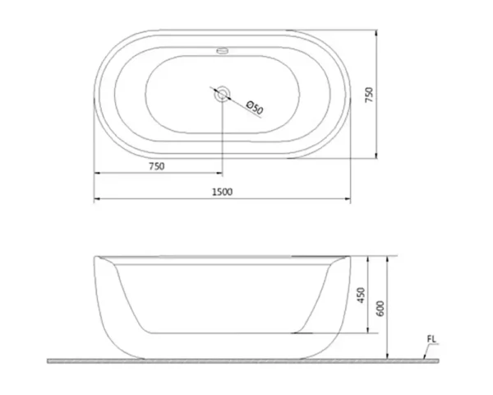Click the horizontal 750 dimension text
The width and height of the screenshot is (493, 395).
[156, 166]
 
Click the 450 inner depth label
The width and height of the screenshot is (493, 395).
[361, 295]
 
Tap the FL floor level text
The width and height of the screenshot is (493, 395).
[432, 338]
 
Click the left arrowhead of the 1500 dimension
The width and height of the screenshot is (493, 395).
[95, 198]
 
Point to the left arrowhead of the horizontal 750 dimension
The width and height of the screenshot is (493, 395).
[95, 174]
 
